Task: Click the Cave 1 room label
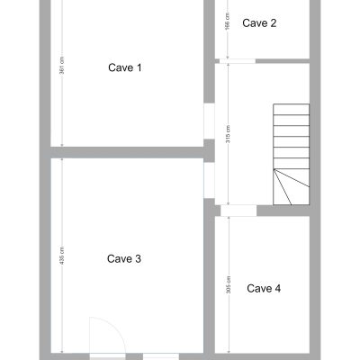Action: click(125, 67)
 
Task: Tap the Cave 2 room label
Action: click(259, 23)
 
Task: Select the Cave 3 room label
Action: click(124, 259)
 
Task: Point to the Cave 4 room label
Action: click(264, 289)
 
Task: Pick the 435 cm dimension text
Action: click(62, 256)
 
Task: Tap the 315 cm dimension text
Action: click(229, 134)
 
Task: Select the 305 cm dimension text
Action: click(229, 284)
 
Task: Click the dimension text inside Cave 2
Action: click(228, 22)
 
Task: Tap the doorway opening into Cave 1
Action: click(209, 121)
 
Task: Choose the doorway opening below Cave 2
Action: click(238, 61)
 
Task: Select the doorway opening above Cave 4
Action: click(238, 211)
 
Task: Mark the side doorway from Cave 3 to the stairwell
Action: click(209, 180)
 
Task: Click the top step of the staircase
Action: click(291, 109)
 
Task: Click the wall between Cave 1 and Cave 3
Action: click(127, 153)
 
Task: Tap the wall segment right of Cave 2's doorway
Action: click(283, 61)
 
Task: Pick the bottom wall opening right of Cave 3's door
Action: click(161, 357)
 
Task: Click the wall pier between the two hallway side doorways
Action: click(209, 150)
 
